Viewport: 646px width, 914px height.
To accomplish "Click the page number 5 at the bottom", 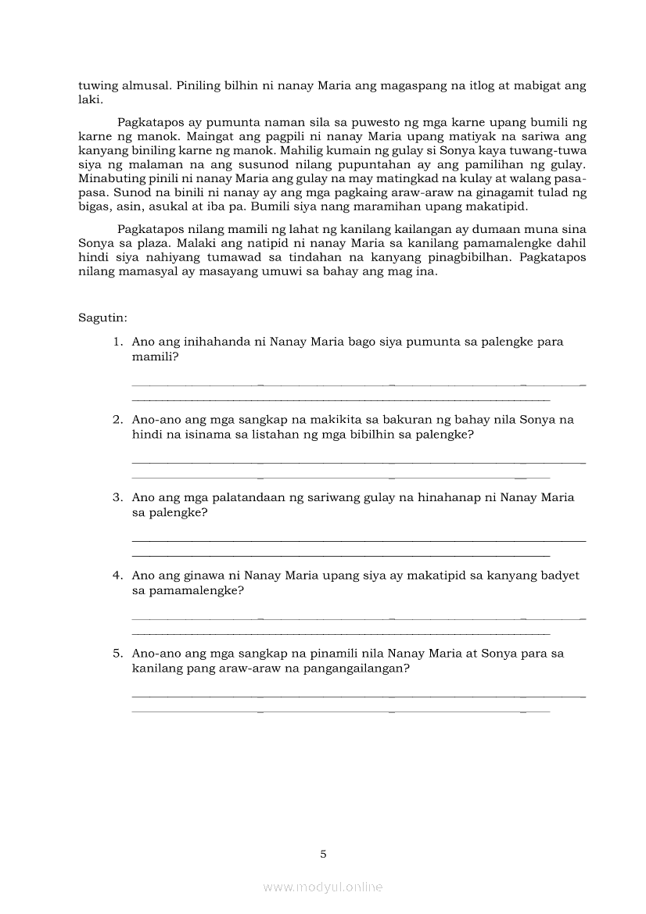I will [323, 854].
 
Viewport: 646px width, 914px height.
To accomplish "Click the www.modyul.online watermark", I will [323, 887].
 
